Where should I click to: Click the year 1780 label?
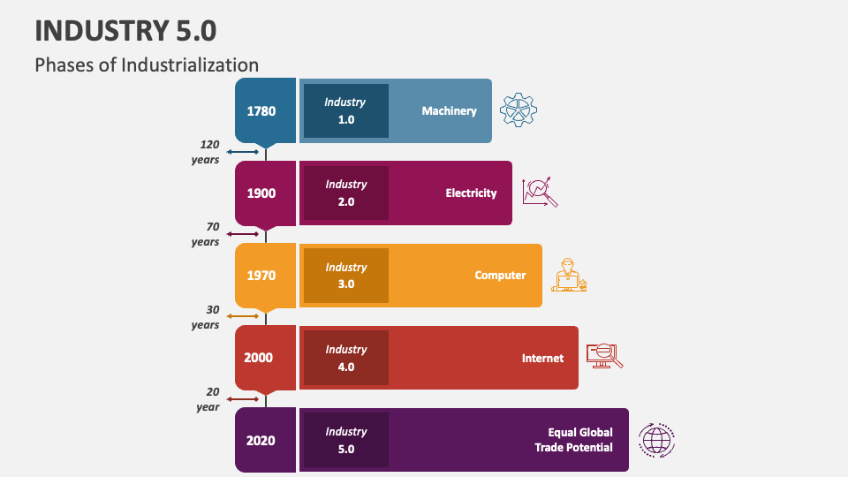tap(261, 111)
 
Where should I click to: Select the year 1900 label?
tap(261, 193)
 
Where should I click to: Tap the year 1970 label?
tap(261, 276)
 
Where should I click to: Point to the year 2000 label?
tap(259, 358)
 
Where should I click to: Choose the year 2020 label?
tap(261, 440)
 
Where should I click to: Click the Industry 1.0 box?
tap(346, 111)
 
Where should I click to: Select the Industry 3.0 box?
tap(346, 276)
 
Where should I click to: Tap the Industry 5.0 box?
tap(346, 440)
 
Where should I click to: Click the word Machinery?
tap(450, 111)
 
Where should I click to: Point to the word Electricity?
tap(471, 193)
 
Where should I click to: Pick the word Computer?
tap(500, 276)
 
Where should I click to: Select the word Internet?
tap(542, 358)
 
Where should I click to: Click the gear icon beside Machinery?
tap(519, 110)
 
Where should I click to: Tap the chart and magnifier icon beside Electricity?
tap(540, 192)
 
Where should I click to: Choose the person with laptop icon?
tap(569, 275)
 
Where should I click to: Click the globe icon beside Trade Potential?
tap(656, 440)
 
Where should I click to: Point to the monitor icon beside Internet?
tap(604, 356)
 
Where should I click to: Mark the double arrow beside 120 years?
tap(243, 152)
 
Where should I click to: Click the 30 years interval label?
tap(206, 317)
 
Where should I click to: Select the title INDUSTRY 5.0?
tap(125, 30)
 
